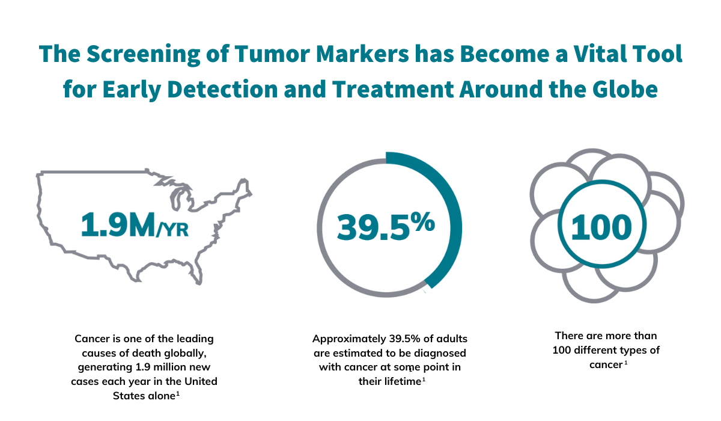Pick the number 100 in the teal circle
tap(601, 227)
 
